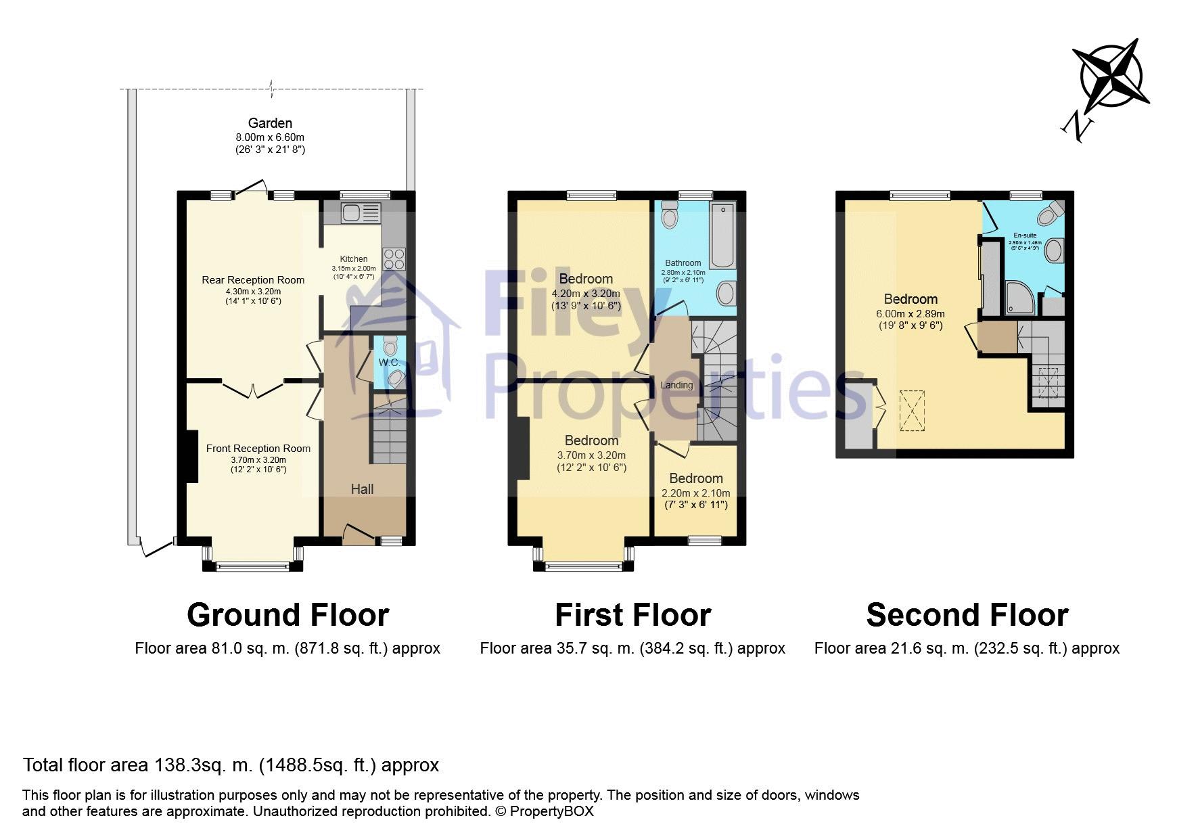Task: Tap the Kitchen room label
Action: [354, 259]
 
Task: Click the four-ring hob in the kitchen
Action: [394, 259]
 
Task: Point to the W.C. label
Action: [389, 363]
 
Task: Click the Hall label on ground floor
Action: [362, 489]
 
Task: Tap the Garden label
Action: [270, 123]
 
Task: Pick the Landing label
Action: [676, 385]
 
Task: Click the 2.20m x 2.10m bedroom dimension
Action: [695, 493]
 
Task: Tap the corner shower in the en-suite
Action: [1020, 298]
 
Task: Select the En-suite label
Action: [1025, 235]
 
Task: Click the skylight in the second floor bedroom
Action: [911, 411]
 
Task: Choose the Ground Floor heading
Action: [288, 615]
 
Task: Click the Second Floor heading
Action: [967, 615]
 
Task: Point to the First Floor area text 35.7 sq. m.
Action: [632, 648]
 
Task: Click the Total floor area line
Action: [231, 765]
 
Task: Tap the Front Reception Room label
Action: [258, 449]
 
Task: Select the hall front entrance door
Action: [359, 533]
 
